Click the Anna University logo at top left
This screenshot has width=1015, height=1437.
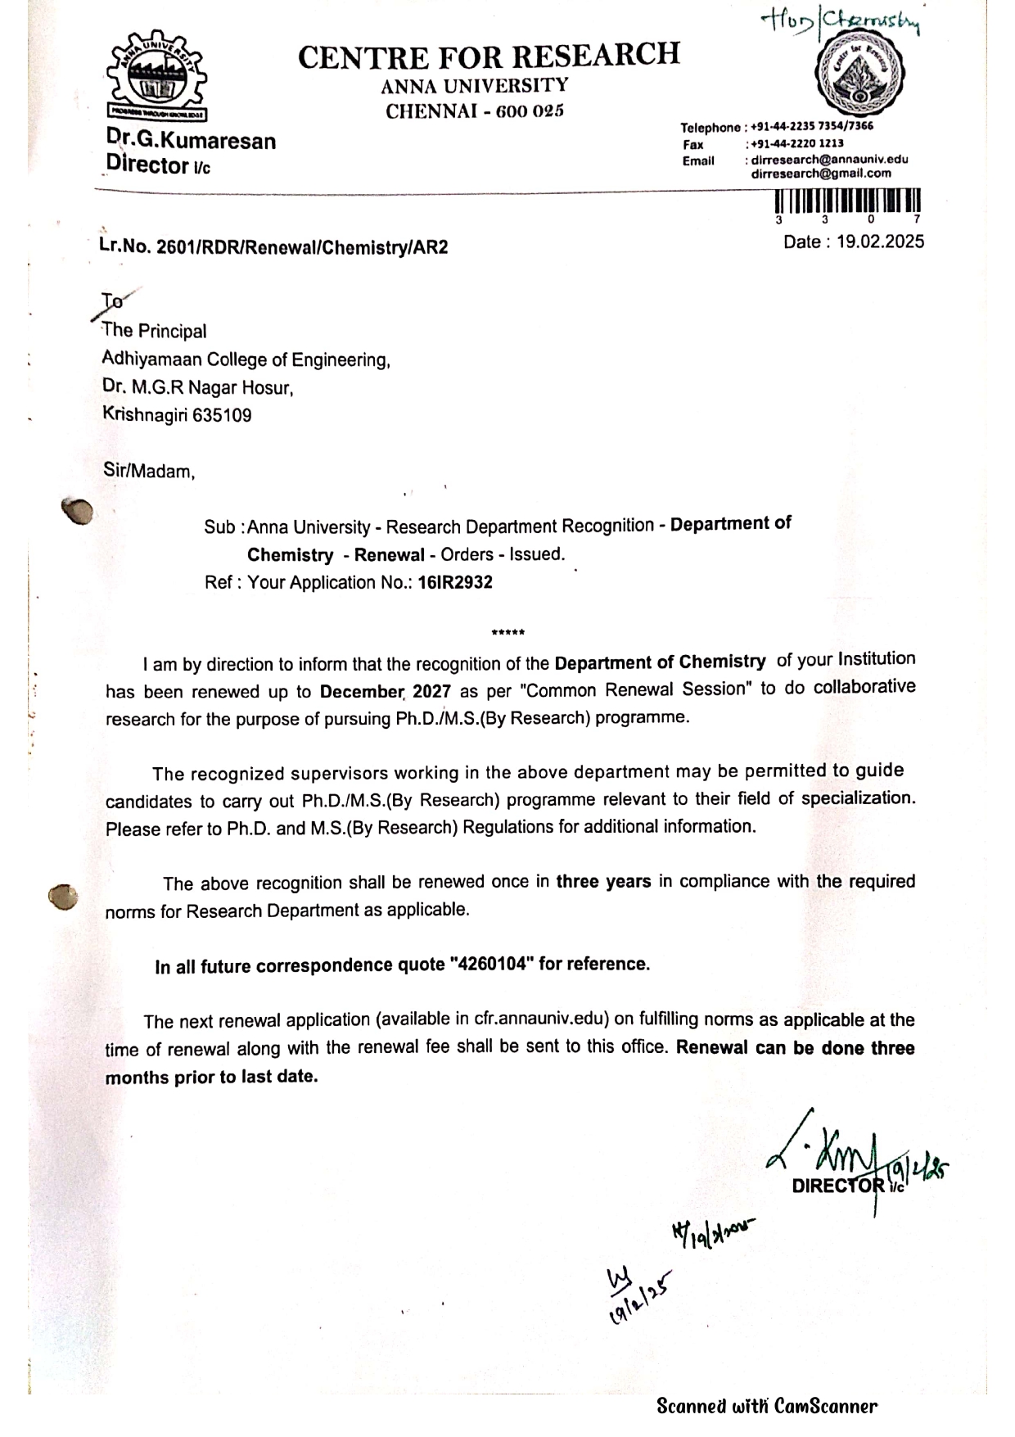coord(156,79)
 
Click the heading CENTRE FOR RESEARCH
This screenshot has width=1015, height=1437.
coord(489,56)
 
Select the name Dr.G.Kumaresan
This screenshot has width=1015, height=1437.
coord(191,141)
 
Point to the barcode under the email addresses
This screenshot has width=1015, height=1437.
coord(848,201)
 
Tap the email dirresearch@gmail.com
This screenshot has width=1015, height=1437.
coord(821,174)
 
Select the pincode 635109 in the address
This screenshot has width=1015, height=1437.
coord(222,415)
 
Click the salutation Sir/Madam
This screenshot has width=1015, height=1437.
coord(148,472)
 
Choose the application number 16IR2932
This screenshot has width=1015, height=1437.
coord(455,582)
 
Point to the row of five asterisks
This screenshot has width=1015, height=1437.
coord(508,632)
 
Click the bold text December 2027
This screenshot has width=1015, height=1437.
coord(385,691)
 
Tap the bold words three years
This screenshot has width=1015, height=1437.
coord(603,882)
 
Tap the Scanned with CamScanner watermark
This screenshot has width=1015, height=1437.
coord(766,1406)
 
